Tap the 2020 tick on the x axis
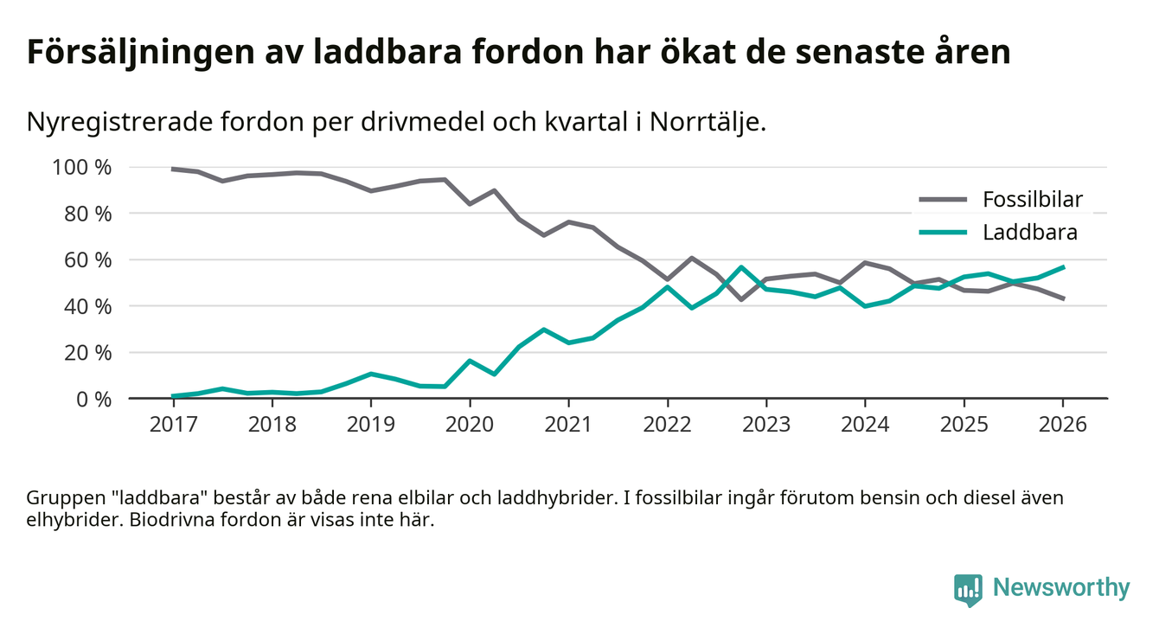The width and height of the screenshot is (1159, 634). [x=470, y=425]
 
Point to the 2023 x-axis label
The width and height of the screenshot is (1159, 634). [x=765, y=425]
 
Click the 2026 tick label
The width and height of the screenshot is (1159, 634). [x=1062, y=425]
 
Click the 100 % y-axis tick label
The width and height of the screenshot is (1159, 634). [x=82, y=167]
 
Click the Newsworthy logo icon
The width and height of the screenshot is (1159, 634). [x=968, y=589]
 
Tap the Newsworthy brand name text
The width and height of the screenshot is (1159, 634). [x=1061, y=588]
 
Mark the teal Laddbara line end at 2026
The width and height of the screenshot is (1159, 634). [x=1063, y=267]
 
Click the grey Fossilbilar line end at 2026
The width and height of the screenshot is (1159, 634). [x=1063, y=298]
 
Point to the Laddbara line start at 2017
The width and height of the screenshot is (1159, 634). [x=174, y=396]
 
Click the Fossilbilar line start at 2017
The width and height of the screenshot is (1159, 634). [x=174, y=170]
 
